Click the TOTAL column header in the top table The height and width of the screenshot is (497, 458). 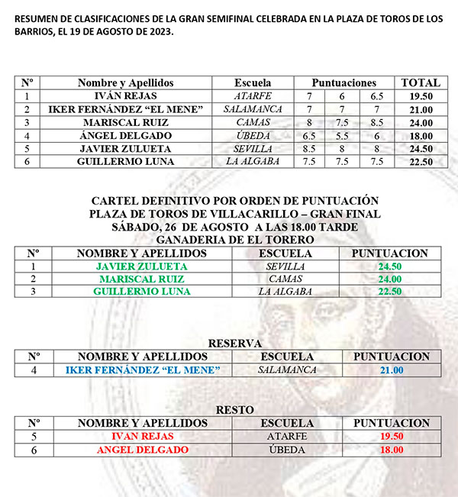point(421,82)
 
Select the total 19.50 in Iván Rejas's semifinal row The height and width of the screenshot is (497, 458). point(421,96)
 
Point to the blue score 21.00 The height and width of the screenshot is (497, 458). point(391,370)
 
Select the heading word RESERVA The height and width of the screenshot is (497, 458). point(234,344)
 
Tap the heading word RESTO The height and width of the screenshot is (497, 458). point(234,410)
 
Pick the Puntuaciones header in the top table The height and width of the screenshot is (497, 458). point(344,82)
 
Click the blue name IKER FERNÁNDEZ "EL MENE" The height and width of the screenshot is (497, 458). point(143,370)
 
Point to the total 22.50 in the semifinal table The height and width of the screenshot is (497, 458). point(421,162)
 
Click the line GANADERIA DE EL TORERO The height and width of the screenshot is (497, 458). point(234,240)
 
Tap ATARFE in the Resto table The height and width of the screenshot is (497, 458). point(287,437)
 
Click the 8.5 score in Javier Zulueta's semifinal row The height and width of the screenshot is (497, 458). point(310,148)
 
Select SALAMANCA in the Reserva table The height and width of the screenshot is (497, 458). point(288,370)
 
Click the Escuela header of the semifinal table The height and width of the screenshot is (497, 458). point(253,82)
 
